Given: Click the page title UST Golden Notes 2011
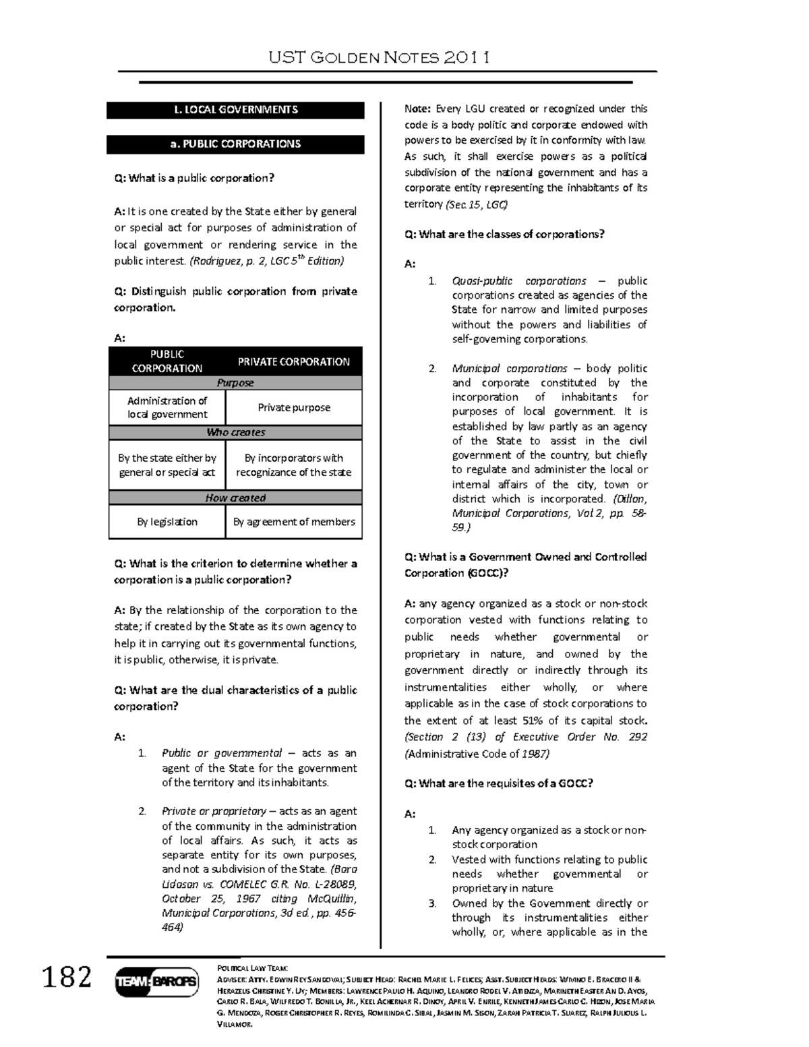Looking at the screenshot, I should (379, 57).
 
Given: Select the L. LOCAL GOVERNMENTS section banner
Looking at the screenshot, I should (235, 110).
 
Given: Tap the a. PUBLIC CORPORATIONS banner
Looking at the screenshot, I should (235, 144).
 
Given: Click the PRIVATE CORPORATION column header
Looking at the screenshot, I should (293, 362).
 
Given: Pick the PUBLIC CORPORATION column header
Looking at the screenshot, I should (167, 361).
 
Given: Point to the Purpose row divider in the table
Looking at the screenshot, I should (235, 383).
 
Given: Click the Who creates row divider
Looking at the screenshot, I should (235, 433).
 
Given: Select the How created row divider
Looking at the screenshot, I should (235, 498).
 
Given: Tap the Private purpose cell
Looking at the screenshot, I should (293, 408).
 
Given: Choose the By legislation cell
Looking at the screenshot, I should (167, 522).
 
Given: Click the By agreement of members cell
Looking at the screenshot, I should (293, 522).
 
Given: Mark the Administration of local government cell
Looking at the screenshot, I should (167, 408).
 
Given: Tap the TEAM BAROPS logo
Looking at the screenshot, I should (157, 982).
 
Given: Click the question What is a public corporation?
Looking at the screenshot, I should (194, 179).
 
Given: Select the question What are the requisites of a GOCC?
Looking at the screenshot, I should (498, 783).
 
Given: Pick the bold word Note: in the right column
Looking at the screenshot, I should (418, 109).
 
